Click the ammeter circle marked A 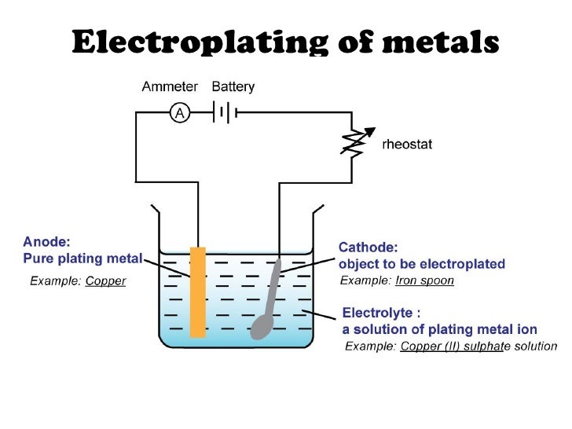point(180,113)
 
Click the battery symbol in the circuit point(223,112)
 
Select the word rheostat point(406,145)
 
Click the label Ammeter point(170,87)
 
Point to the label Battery point(233,87)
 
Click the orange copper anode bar point(198,291)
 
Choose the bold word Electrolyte point(376,313)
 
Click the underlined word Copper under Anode point(105,280)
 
